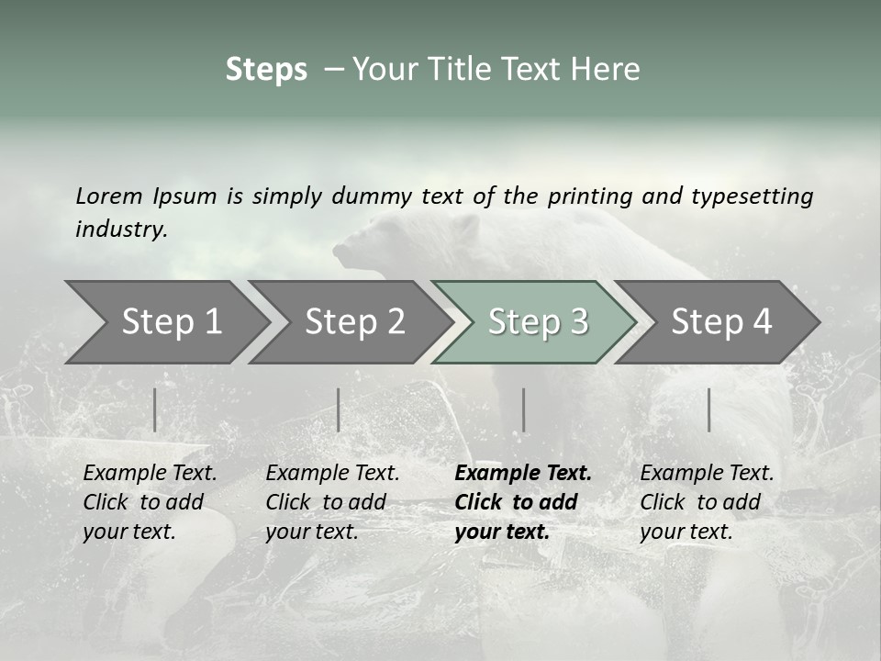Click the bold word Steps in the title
pyautogui.click(x=266, y=70)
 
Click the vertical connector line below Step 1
pyautogui.click(x=155, y=409)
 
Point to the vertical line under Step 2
pyautogui.click(x=339, y=409)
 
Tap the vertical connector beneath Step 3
pyautogui.click(x=523, y=409)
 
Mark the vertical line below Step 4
pyautogui.click(x=708, y=409)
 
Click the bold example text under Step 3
pyautogui.click(x=523, y=502)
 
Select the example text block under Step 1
pyautogui.click(x=150, y=502)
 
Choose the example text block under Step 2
pyautogui.click(x=332, y=502)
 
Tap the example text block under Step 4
pyautogui.click(x=707, y=502)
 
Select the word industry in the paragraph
pyautogui.click(x=120, y=230)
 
